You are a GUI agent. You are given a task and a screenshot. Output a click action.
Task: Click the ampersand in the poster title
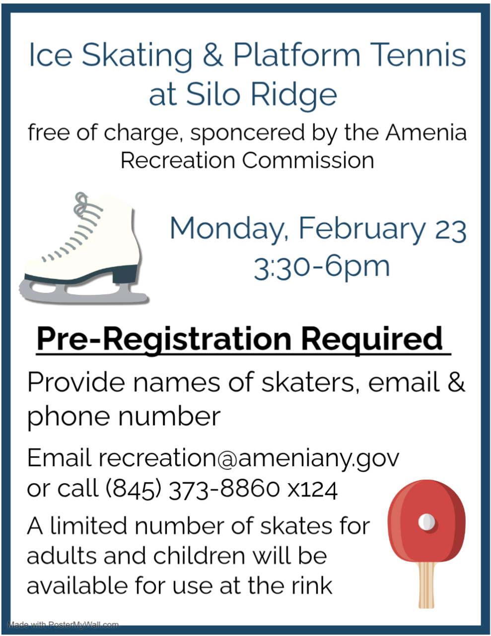pos(212,55)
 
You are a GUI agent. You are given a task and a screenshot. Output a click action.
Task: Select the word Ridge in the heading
pos(294,94)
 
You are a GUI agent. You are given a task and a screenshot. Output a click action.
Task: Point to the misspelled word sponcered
pos(248,133)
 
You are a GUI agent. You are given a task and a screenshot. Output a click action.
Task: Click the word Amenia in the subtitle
pos(426,132)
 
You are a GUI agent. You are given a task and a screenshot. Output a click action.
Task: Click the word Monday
pos(226,228)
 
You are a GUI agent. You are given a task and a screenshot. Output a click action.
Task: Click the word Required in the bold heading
pos(372,339)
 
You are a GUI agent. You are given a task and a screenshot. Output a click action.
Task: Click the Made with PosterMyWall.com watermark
pos(63,625)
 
